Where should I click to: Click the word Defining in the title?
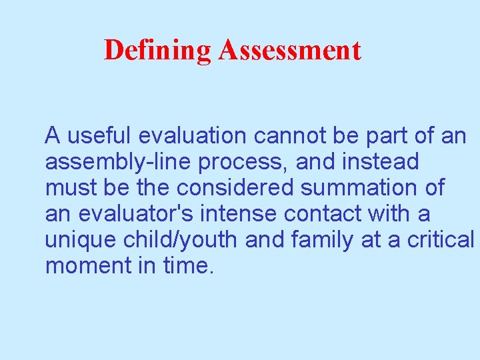[157, 51]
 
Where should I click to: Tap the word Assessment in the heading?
[289, 51]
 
